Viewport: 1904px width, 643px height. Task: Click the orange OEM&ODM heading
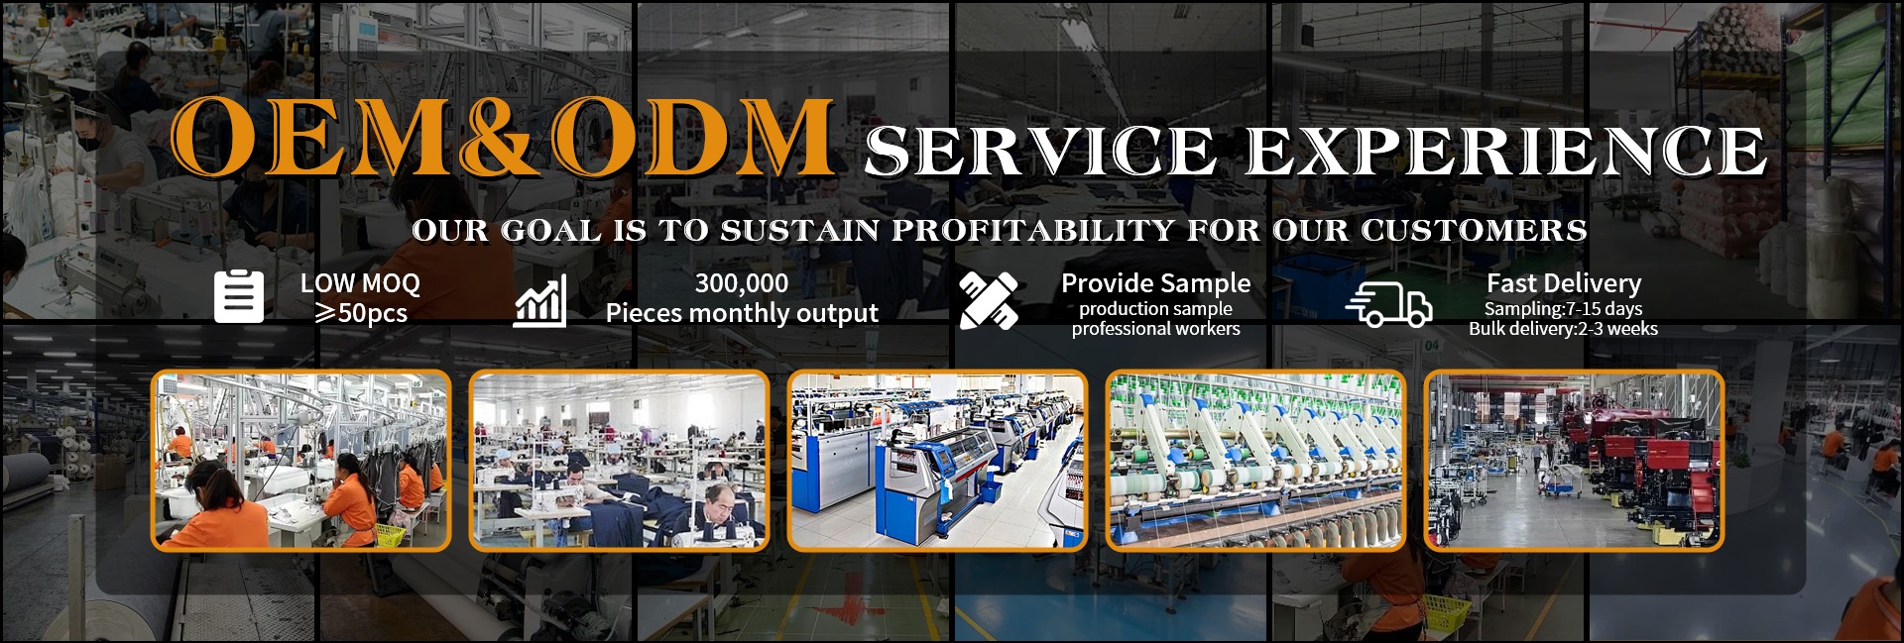point(502,138)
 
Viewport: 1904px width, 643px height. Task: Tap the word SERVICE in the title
point(1040,151)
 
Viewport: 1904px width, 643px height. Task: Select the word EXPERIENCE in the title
point(1506,151)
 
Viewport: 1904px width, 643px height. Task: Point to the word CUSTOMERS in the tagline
point(1474,230)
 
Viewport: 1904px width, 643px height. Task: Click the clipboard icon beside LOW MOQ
point(239,296)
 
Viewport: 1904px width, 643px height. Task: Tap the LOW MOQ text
point(360,283)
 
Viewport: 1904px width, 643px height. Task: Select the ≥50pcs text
point(361,313)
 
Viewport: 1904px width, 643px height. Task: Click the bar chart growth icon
point(540,300)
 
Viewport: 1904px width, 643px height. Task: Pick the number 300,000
point(742,283)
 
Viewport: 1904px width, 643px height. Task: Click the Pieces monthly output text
point(742,313)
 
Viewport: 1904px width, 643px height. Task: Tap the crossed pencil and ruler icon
point(989,300)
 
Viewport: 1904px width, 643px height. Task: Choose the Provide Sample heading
point(1156,283)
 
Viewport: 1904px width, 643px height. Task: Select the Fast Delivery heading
point(1564,283)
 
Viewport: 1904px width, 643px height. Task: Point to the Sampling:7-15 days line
point(1563,308)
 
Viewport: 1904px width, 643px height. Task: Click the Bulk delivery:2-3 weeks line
point(1563,329)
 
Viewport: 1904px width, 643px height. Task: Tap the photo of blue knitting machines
point(937,460)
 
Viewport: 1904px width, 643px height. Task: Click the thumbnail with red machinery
point(1574,460)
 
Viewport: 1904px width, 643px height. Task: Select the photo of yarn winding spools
point(1255,460)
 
